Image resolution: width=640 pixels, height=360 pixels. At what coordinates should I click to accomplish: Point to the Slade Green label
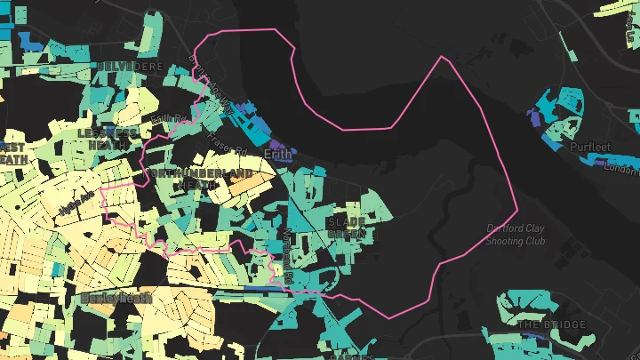(347, 227)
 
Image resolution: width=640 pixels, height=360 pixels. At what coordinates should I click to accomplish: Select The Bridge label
(552, 324)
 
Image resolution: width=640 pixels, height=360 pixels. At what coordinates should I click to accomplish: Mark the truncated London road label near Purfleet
(621, 167)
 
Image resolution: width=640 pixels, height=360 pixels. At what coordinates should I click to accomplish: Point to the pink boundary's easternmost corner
(517, 211)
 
